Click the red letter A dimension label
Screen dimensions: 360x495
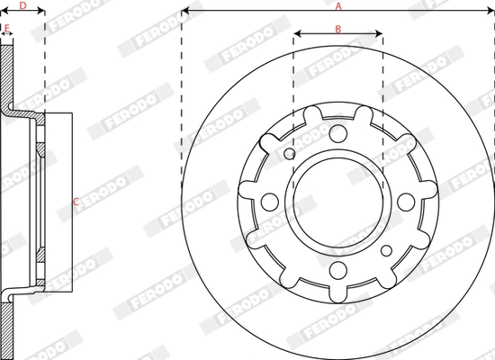(338, 5)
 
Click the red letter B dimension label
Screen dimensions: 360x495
(337, 29)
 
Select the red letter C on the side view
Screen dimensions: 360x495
(76, 202)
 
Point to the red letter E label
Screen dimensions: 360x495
(7, 29)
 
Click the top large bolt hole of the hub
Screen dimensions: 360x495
(338, 134)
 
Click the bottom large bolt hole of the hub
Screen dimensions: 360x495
(338, 269)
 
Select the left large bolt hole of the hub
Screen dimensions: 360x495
(271, 202)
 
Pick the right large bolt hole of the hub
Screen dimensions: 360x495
(406, 202)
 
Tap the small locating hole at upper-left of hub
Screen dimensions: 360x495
(290, 154)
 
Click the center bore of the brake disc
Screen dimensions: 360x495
(338, 202)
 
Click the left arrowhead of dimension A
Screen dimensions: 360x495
(184, 13)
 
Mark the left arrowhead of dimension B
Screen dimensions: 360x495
(298, 36)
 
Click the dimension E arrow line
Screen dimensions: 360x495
(7, 37)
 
